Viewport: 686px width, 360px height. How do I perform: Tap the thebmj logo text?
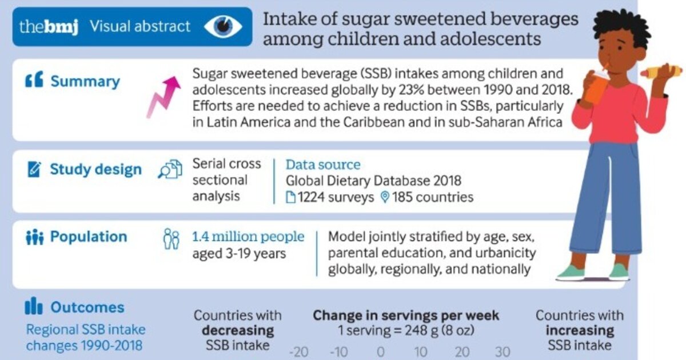49,27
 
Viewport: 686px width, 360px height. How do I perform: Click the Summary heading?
85,82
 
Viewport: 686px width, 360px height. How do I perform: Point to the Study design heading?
95,170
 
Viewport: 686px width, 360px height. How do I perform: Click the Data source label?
323,165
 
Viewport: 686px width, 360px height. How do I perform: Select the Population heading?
89,237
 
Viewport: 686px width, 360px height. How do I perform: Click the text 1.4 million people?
249,237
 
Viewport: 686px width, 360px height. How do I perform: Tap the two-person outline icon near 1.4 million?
171,239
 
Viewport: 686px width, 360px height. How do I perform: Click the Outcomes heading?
87,307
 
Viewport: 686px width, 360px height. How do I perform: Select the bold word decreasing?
237,330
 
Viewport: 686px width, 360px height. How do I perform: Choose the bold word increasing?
579,330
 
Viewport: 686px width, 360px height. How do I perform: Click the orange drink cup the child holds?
598,89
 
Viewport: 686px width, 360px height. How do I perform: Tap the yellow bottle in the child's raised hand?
660,72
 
